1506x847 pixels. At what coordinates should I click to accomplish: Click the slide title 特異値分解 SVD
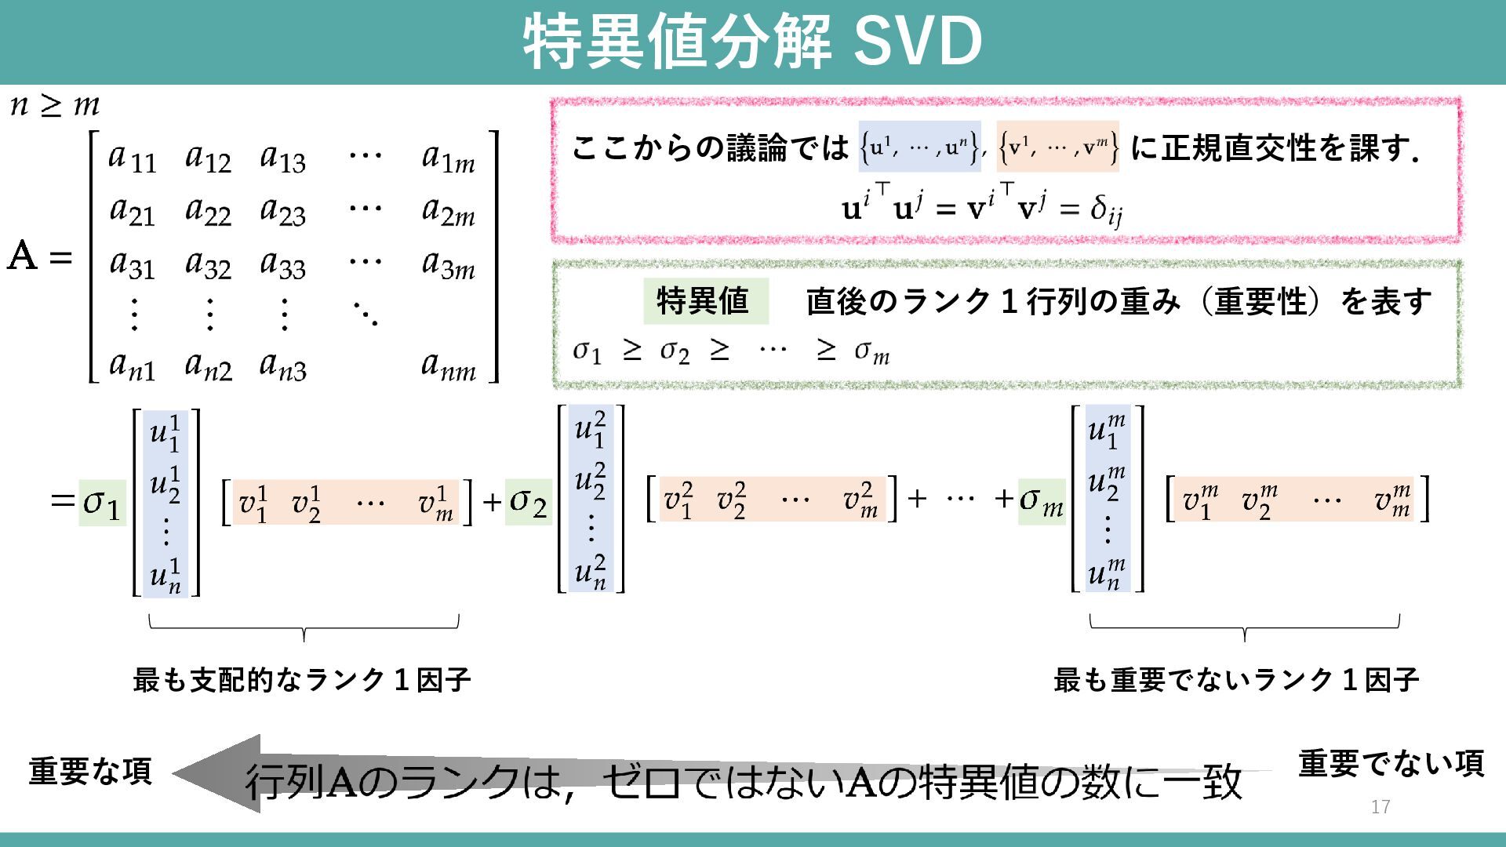tap(752, 41)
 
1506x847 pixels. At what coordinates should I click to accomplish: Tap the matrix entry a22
tap(208, 211)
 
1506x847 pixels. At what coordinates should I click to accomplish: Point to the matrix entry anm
tap(448, 365)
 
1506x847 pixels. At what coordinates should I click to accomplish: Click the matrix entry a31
tap(132, 264)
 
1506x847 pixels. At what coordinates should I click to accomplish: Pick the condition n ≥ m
tap(55, 105)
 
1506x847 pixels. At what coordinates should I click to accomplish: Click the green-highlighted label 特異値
tap(704, 301)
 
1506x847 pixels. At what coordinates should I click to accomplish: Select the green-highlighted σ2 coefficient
tap(528, 502)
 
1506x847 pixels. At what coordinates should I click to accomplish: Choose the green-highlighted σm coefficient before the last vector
tap(1041, 501)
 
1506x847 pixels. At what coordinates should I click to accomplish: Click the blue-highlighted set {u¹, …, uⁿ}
tap(919, 147)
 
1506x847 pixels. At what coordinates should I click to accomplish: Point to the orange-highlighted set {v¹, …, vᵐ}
tap(1057, 147)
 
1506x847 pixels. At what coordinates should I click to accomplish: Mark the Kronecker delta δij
tap(1106, 210)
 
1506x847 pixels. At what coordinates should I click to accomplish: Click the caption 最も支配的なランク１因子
tap(302, 679)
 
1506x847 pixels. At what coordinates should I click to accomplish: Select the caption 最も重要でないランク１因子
tap(1236, 679)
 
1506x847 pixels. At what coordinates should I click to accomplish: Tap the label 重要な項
tap(90, 772)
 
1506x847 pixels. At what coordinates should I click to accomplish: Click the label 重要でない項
tap(1391, 763)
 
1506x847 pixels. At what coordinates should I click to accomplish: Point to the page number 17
tap(1380, 806)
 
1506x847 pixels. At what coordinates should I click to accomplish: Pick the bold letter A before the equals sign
tap(22, 256)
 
